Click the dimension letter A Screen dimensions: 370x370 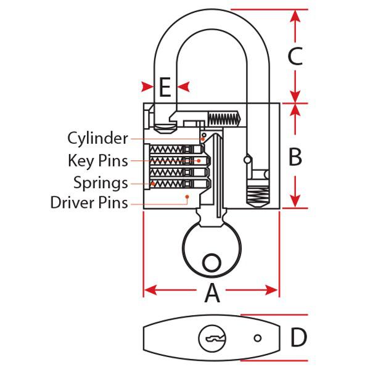tap(212, 294)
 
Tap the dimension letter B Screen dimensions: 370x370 tap(295, 157)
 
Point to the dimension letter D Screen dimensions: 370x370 tap(298, 337)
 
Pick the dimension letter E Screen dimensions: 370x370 tap(164, 87)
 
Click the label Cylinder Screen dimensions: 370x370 tap(97, 138)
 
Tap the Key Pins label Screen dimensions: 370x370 tap(97, 161)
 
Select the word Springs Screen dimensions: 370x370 tap(101, 183)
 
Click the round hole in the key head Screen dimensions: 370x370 tap(212, 263)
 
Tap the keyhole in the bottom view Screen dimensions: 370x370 tap(212, 339)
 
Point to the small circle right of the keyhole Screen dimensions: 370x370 tap(258, 338)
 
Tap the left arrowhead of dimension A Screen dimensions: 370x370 tap(149, 289)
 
